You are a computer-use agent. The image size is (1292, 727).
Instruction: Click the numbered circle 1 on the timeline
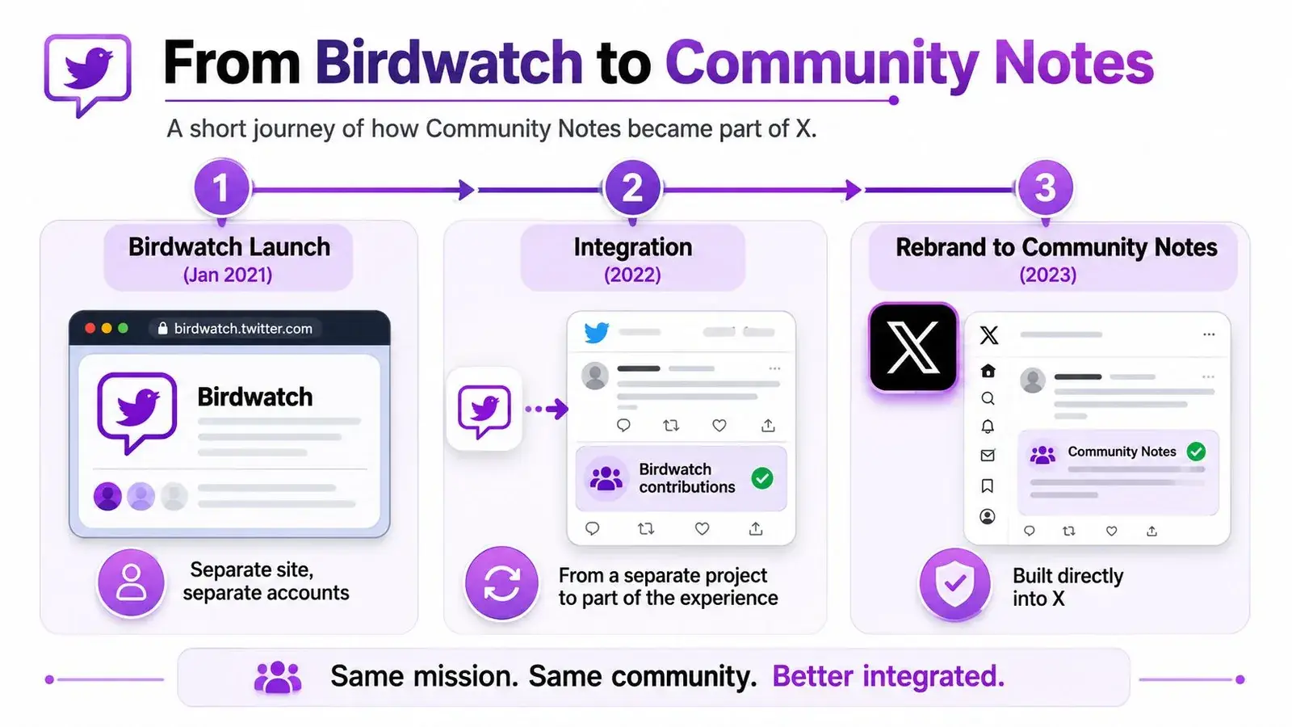(221, 188)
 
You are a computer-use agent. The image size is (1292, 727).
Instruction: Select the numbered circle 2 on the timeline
(632, 188)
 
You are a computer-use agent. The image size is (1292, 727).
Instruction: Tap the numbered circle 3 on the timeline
(1045, 188)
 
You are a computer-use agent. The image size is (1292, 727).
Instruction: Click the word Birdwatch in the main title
(449, 61)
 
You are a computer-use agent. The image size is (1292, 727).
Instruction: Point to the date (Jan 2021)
(228, 275)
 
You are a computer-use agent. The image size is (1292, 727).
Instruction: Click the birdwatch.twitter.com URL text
(243, 328)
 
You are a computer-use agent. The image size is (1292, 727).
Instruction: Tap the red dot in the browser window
(90, 328)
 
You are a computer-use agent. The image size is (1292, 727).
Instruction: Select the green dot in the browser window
(123, 328)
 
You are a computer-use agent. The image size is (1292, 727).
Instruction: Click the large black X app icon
(913, 348)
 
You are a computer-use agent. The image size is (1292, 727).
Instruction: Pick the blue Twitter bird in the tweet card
(596, 332)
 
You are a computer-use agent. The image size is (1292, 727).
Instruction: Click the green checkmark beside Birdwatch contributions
(762, 478)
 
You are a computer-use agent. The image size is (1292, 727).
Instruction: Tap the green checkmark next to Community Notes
(1196, 452)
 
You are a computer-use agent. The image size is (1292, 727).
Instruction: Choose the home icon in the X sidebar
(988, 371)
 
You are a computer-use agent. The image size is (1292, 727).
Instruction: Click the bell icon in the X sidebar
(988, 427)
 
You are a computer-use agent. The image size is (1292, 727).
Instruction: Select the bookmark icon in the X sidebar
(988, 485)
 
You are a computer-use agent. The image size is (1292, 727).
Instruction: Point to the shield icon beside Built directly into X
(954, 584)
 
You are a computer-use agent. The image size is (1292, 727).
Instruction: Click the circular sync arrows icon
(501, 582)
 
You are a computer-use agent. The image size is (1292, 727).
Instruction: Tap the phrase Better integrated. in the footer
(888, 676)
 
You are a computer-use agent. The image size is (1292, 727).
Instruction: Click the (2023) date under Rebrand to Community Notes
(1047, 275)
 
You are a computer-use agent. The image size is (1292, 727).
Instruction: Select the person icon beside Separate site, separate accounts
(131, 582)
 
